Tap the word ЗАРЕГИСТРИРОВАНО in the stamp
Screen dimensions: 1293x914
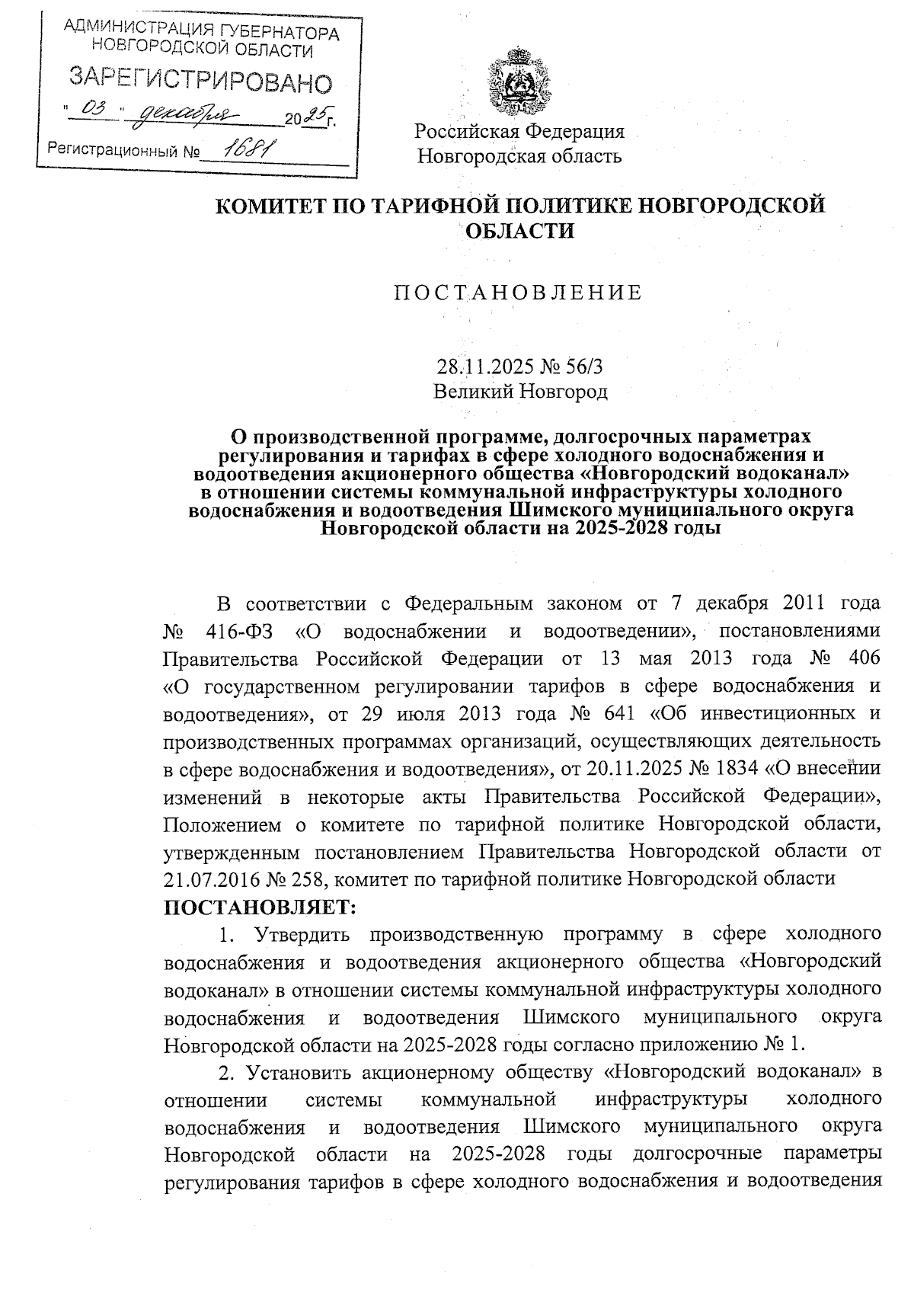[201, 79]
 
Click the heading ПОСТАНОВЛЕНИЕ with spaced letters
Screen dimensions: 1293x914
[518, 293]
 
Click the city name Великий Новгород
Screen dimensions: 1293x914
[520, 392]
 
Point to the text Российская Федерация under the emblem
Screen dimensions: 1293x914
[519, 131]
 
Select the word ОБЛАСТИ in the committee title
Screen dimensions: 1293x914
[519, 231]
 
